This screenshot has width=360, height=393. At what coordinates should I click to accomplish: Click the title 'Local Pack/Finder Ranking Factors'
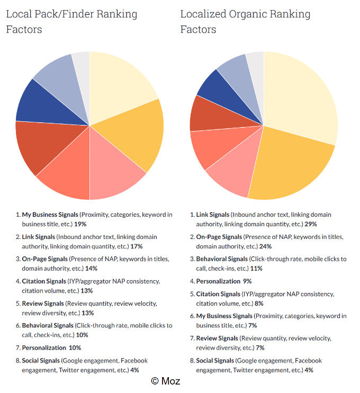tap(71, 21)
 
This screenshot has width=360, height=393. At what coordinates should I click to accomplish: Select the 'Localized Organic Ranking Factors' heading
tap(245, 21)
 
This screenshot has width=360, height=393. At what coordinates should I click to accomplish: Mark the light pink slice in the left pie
tap(119, 175)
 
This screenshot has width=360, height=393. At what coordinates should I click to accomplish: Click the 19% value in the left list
tap(81, 224)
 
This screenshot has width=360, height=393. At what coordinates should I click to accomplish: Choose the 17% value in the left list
tap(136, 246)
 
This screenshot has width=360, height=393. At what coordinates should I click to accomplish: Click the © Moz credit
tap(165, 381)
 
